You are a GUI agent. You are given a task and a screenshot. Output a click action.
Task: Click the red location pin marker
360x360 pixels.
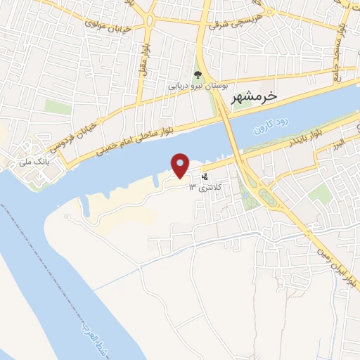coord(181,165)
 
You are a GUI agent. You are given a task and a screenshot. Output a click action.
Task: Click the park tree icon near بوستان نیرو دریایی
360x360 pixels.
coord(198,75)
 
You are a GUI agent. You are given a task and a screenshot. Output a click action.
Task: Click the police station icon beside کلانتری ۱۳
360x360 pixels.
coord(205,176)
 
